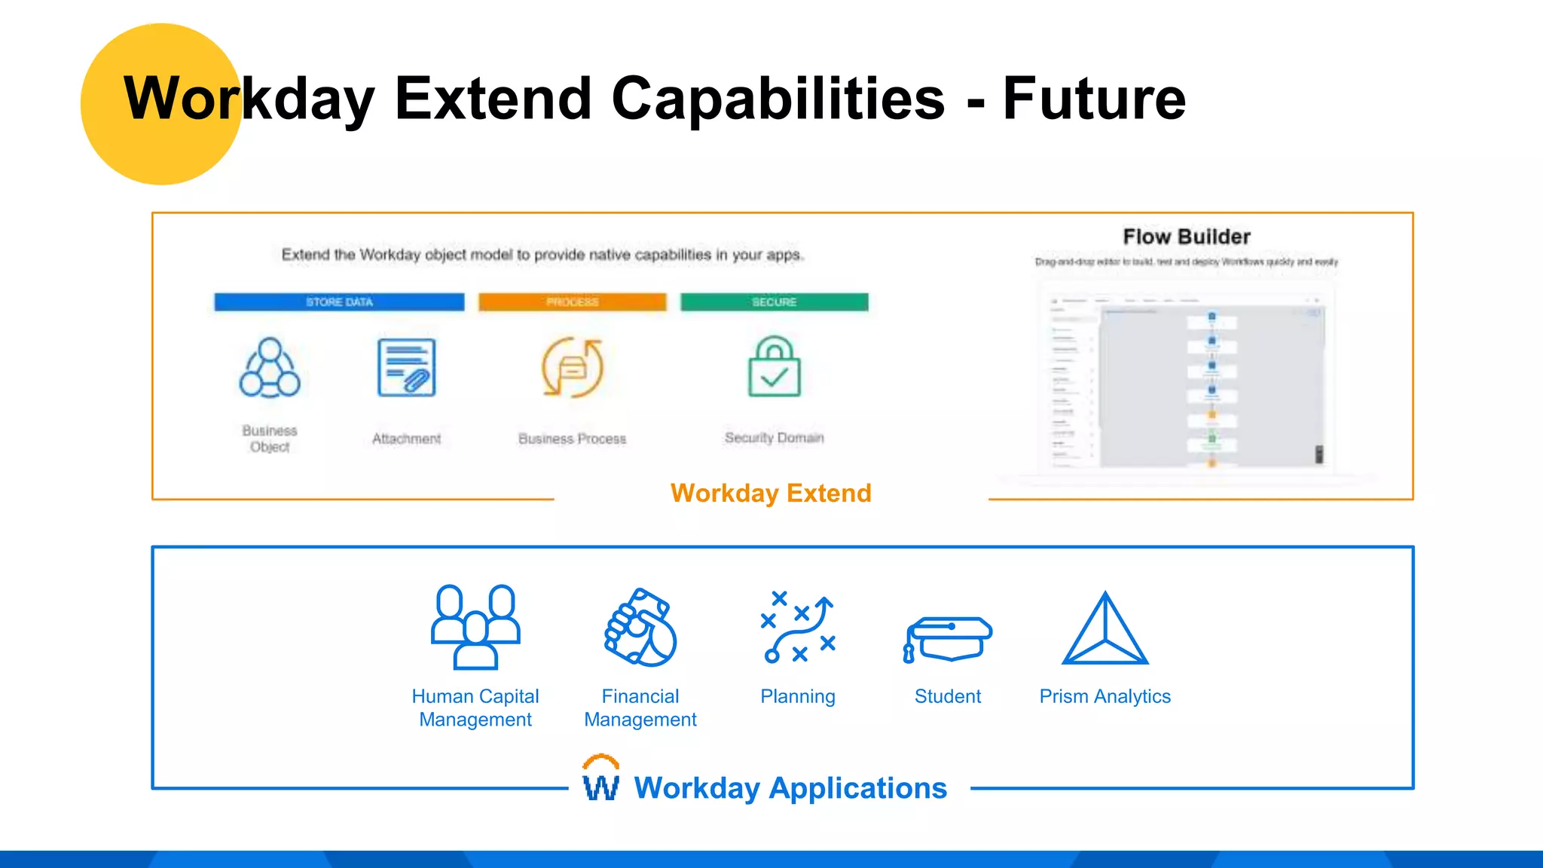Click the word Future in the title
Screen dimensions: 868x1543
pyautogui.click(x=1094, y=99)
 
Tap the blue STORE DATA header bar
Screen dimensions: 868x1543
pyautogui.click(x=339, y=302)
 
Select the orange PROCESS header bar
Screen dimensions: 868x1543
pyautogui.click(x=573, y=302)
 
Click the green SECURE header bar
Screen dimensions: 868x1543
pyautogui.click(x=774, y=302)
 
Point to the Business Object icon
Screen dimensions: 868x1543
pyautogui.click(x=270, y=368)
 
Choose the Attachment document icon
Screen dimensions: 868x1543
pyautogui.click(x=407, y=368)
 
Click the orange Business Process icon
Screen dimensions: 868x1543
pyautogui.click(x=573, y=368)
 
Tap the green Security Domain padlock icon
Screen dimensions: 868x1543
pyautogui.click(x=774, y=367)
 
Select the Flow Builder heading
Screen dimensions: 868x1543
pyautogui.click(x=1187, y=237)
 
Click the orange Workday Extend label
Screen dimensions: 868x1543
pyautogui.click(x=771, y=493)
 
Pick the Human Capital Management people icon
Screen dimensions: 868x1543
pyautogui.click(x=475, y=627)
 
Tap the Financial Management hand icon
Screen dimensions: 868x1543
pyautogui.click(x=640, y=627)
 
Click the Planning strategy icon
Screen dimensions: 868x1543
pyautogui.click(x=798, y=627)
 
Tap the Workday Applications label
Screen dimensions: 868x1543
pyautogui.click(x=790, y=788)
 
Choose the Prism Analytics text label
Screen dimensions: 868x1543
pyautogui.click(x=1105, y=696)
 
